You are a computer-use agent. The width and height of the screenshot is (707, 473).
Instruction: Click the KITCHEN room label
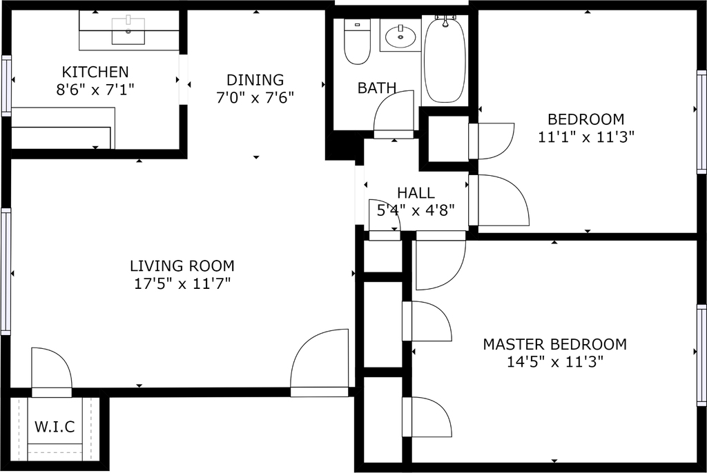pos(95,72)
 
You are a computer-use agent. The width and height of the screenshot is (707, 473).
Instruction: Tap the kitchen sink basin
pos(128,31)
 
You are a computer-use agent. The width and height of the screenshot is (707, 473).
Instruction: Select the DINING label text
pos(255,80)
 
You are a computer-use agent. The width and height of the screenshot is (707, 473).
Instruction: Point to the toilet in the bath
pos(357,41)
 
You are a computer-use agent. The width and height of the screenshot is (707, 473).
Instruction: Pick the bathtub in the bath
pos(445,59)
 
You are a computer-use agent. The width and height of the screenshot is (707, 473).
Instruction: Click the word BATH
pos(377,88)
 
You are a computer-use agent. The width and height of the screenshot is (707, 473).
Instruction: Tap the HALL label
pos(416,193)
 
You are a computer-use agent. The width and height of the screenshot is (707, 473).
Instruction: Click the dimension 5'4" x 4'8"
pos(416,210)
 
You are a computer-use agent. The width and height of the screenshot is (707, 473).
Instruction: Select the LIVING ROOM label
pos(182,265)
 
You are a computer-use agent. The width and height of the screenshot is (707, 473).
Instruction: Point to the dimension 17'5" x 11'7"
pos(182,284)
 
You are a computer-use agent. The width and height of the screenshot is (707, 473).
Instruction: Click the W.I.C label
pos(55,427)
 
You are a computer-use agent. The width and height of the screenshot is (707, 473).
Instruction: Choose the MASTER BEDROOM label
pos(555,344)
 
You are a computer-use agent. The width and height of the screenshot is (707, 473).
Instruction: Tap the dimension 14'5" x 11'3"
pos(555,362)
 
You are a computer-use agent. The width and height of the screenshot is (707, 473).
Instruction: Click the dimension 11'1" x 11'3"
pos(586,137)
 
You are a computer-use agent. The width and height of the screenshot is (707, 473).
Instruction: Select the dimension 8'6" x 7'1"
pos(95,90)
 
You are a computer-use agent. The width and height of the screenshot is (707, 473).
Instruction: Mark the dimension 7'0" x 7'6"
pos(255,97)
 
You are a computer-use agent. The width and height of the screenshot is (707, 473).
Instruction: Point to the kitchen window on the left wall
pos(6,85)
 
